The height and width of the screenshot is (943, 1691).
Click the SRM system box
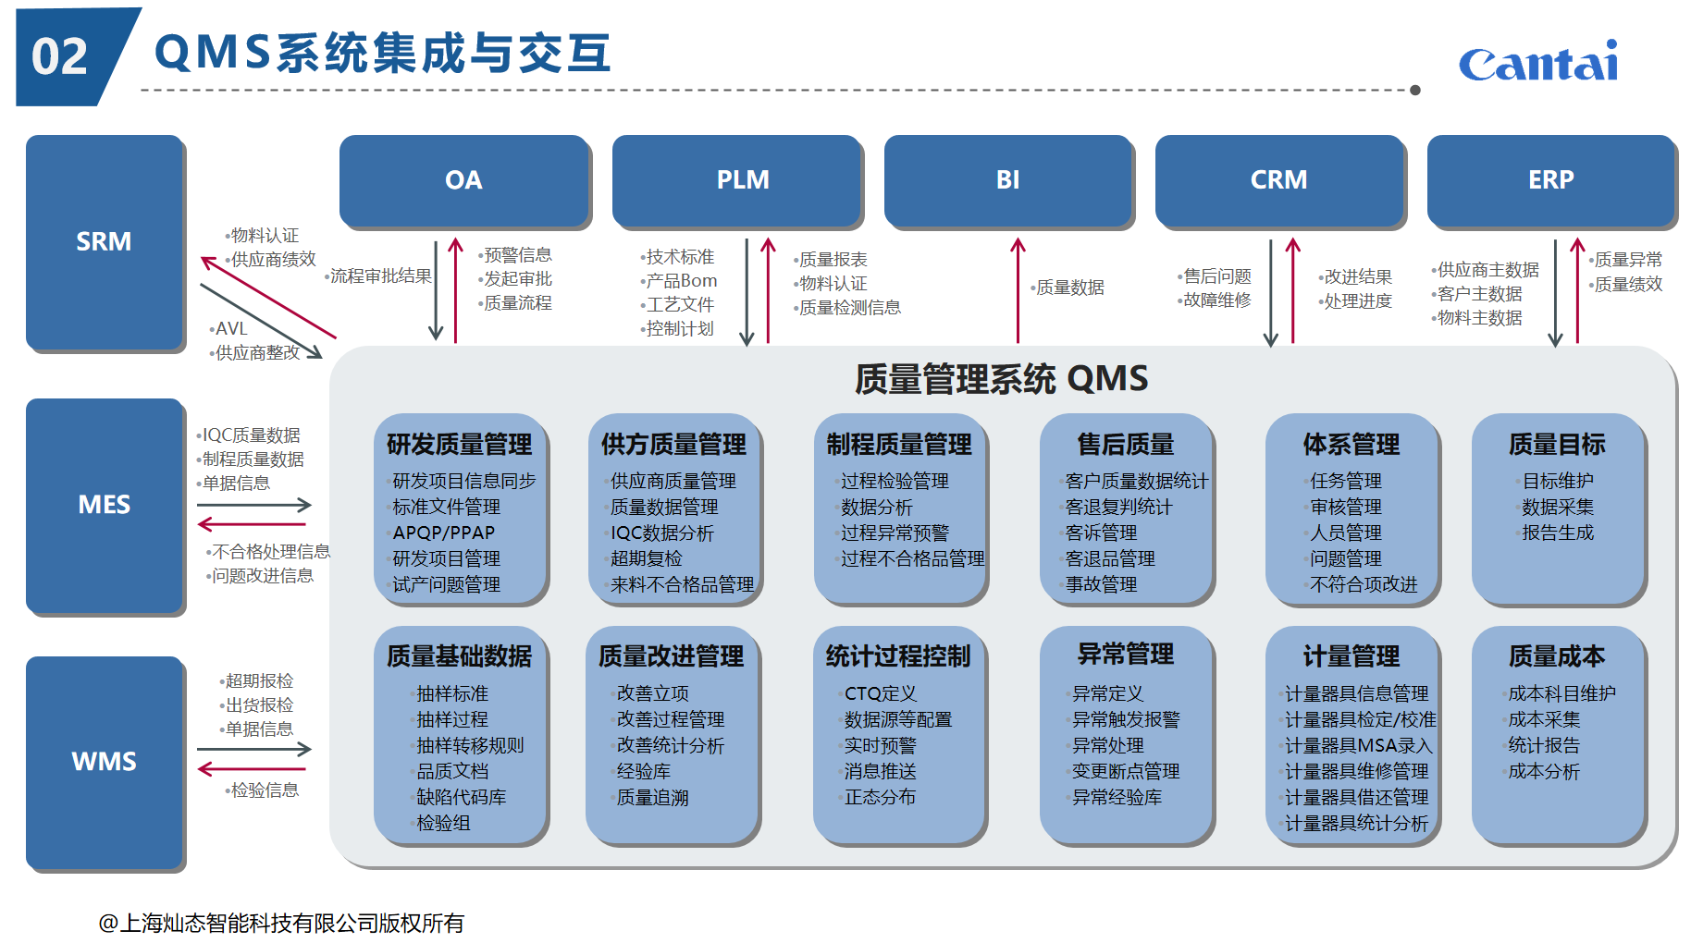(105, 241)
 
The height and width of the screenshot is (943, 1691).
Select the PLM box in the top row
(742, 179)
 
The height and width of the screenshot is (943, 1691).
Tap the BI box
(1007, 179)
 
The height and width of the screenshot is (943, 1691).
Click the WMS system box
(105, 761)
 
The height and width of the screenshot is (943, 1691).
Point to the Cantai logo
(1538, 63)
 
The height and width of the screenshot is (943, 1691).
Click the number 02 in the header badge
(59, 57)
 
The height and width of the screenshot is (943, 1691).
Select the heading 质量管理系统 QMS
(1001, 378)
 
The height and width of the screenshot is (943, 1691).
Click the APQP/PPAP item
(444, 533)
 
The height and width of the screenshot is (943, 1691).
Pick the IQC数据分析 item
(661, 533)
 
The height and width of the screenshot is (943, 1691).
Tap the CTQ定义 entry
(880, 693)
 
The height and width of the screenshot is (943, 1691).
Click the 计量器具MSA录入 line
(1358, 745)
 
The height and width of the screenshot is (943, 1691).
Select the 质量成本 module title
(1557, 655)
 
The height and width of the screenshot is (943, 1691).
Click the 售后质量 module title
(1125, 444)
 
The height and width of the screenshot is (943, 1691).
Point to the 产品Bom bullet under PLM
(681, 280)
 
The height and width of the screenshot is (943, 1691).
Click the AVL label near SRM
(230, 328)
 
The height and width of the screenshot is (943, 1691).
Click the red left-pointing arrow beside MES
(252, 525)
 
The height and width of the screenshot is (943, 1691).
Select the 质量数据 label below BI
(1069, 288)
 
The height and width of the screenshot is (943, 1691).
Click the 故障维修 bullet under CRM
(1216, 300)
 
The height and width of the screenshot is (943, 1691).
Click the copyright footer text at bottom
(281, 923)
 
